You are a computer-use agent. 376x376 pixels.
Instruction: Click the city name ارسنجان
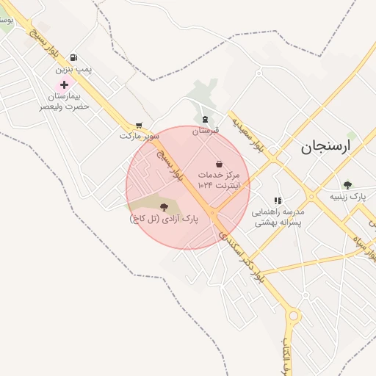pos(326,146)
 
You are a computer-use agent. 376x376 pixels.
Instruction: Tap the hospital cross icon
pos(65,85)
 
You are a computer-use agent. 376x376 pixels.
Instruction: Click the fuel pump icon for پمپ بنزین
pos(73,57)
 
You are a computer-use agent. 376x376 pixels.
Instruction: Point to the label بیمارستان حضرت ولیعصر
pos(65,101)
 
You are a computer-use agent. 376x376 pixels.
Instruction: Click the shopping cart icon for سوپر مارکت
pos(139,126)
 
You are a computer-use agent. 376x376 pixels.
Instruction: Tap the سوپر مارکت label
pos(140,136)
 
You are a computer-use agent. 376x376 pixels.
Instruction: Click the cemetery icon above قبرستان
pos(206,119)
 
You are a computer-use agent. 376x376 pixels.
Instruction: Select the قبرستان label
pos(206,131)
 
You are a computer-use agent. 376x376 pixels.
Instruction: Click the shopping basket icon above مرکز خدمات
pos(219,163)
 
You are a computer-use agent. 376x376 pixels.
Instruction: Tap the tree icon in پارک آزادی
pos(163,207)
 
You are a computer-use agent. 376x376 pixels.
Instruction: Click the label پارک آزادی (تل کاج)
pos(164,218)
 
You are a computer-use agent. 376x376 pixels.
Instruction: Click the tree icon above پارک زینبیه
pos(347,185)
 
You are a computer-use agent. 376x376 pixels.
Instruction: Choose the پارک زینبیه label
pos(347,197)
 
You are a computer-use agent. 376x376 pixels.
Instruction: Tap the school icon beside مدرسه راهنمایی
pos(278,200)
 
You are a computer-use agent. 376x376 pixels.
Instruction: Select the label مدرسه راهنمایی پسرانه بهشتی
pos(282,216)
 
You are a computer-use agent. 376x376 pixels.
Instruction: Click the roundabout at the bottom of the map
pos(294,317)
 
